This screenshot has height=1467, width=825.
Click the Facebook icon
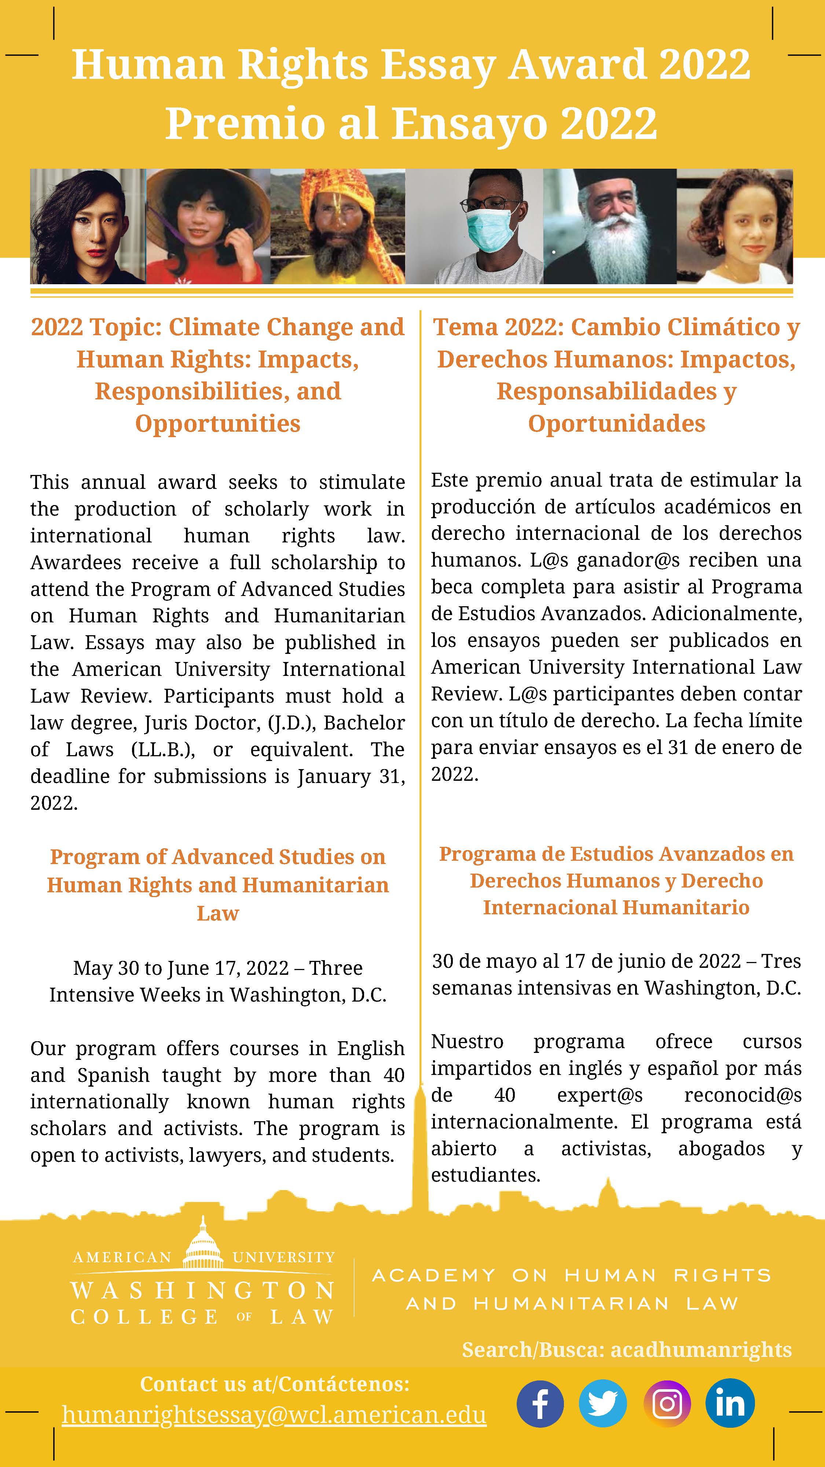click(540, 1404)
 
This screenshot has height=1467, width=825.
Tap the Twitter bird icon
click(602, 1404)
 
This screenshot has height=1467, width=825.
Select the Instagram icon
click(667, 1404)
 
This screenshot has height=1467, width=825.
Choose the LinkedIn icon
click(730, 1404)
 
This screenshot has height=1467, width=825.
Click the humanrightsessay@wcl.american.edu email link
click(274, 1415)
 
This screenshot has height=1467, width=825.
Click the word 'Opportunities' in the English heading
click(217, 424)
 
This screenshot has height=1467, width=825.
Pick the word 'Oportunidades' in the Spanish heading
click(617, 424)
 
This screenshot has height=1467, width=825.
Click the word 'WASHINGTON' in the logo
click(203, 1291)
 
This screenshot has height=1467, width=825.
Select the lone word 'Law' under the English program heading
click(217, 913)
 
